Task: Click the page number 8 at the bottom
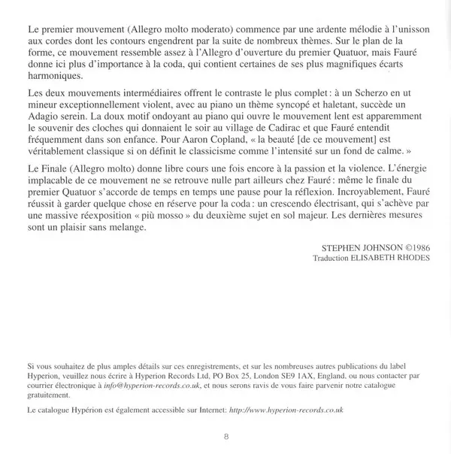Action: (226, 439)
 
